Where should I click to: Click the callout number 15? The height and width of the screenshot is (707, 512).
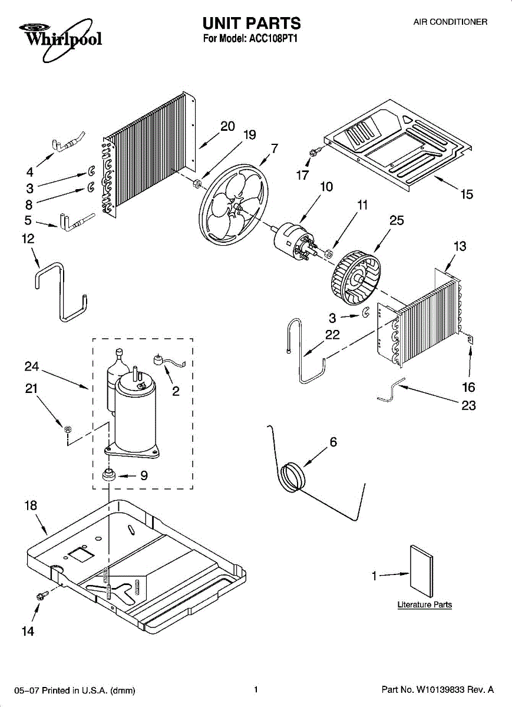click(x=467, y=194)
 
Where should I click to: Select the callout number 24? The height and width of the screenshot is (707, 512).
click(x=32, y=366)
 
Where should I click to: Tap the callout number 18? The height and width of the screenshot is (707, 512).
click(x=31, y=505)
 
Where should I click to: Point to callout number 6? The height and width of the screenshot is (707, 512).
click(x=333, y=441)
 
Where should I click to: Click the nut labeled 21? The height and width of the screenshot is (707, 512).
click(x=68, y=428)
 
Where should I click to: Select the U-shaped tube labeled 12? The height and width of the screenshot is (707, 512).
click(x=61, y=292)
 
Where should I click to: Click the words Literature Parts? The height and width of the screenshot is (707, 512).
click(x=424, y=604)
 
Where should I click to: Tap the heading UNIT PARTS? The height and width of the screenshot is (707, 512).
click(x=252, y=24)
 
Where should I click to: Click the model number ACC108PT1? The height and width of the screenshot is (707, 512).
click(x=275, y=40)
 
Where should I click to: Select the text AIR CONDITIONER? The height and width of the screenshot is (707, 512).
click(x=450, y=22)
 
